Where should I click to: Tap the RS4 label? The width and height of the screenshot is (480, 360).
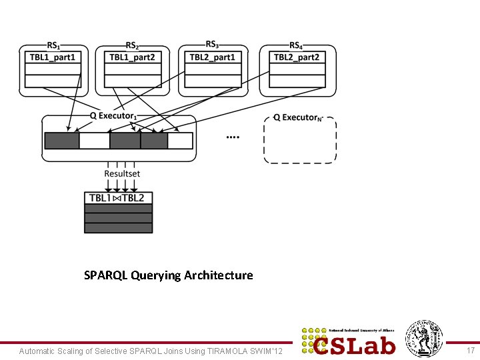point(295,45)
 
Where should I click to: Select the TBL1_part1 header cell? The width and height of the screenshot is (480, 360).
point(55,57)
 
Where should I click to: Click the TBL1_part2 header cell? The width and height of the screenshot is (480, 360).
point(132,57)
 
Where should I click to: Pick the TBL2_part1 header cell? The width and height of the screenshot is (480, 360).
point(212,57)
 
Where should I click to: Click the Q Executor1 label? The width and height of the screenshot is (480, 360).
point(113,116)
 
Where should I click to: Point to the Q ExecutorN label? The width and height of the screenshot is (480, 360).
point(298,117)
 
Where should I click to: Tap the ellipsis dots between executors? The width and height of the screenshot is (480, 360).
point(233,137)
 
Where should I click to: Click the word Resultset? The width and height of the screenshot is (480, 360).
point(122,174)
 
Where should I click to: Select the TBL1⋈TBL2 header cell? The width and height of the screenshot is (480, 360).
point(118,198)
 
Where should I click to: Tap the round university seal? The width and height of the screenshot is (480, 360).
point(425,339)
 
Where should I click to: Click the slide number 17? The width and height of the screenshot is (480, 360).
point(471,351)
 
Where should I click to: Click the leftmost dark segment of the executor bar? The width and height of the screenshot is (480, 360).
point(61,141)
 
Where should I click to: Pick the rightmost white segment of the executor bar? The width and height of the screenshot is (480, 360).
point(180,141)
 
